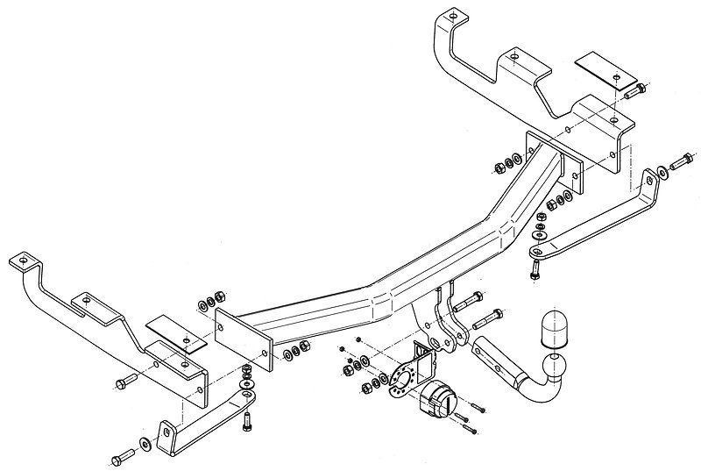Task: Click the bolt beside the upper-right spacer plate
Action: [x=638, y=88]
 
